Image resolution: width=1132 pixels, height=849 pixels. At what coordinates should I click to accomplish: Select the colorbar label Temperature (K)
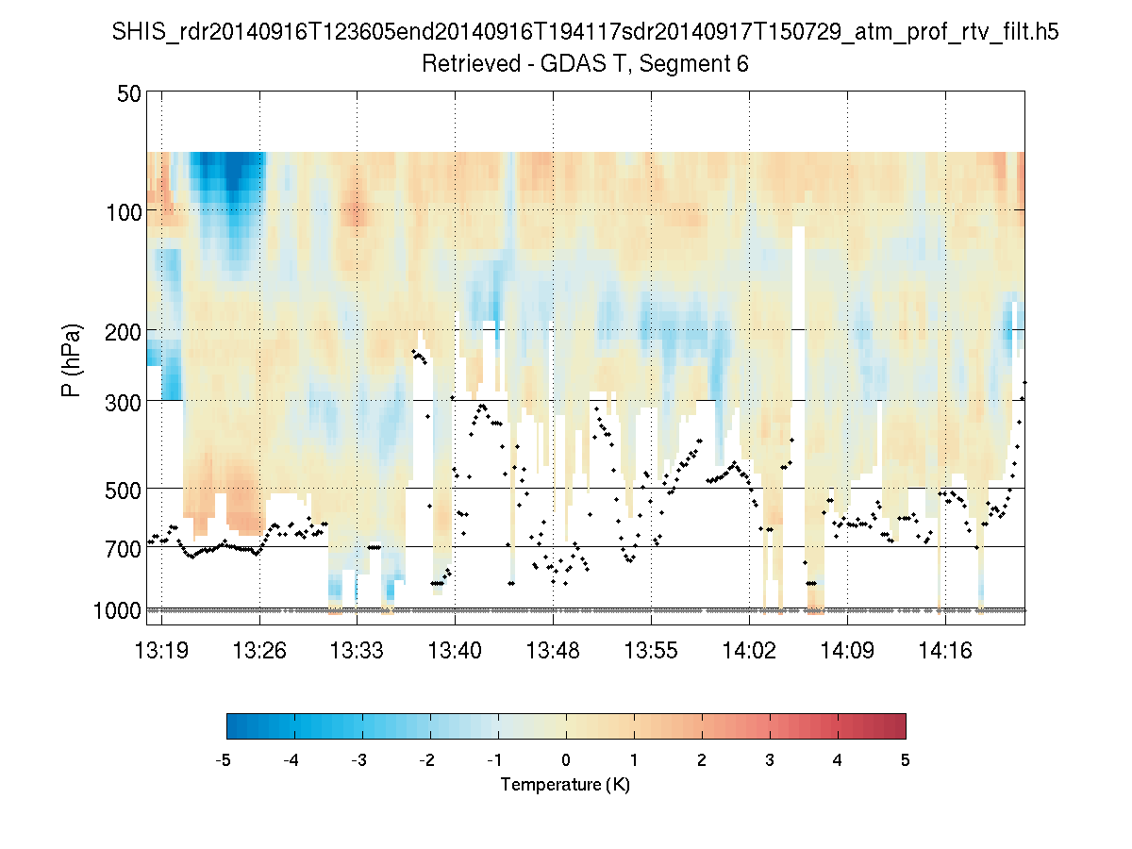point(565,785)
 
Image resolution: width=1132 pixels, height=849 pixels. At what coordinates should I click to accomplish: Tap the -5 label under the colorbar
point(224,760)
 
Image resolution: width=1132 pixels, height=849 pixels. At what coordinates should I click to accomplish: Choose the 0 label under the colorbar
point(565,760)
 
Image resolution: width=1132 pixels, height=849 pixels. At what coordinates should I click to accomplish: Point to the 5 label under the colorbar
point(905,760)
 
